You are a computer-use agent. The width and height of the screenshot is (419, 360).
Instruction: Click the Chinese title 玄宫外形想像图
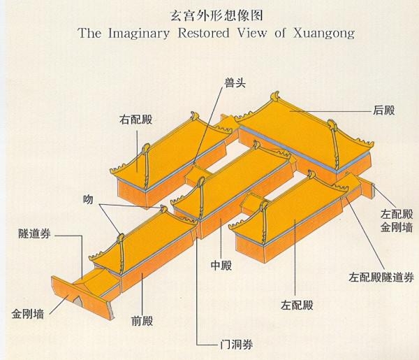coord(209,15)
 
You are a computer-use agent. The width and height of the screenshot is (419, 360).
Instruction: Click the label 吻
coord(86,199)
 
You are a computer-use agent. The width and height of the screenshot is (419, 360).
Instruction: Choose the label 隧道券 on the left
coord(32,233)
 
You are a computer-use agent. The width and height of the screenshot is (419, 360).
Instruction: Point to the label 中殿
coord(221,266)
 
